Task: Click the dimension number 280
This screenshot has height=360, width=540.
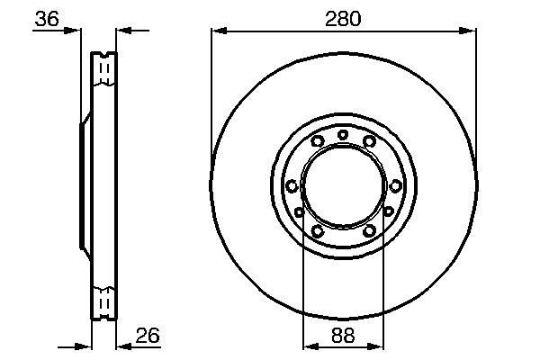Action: (x=344, y=19)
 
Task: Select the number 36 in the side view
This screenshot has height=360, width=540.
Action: (x=47, y=19)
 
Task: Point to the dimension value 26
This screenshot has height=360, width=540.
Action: (x=147, y=337)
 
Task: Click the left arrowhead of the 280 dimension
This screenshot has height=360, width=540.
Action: (x=217, y=31)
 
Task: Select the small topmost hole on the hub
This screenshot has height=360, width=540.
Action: (x=343, y=135)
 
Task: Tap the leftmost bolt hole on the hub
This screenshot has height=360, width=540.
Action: (x=292, y=185)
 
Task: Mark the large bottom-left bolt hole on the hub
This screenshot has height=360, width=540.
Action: (x=317, y=230)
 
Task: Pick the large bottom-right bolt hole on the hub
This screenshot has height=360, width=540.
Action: (x=369, y=230)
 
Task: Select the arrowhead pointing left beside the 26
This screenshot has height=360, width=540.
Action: (x=124, y=346)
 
